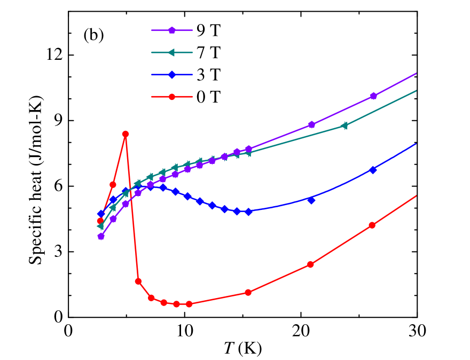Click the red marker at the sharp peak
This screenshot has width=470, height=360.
tap(126, 134)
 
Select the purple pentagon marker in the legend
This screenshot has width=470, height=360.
tap(172, 30)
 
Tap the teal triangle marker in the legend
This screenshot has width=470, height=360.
tap(171, 52)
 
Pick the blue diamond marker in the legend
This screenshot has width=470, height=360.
tap(172, 75)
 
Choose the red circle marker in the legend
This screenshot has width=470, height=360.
tap(172, 97)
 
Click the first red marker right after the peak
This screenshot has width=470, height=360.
tap(138, 281)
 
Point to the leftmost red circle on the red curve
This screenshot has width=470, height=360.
tap(100, 221)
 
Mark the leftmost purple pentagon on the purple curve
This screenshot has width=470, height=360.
tap(101, 236)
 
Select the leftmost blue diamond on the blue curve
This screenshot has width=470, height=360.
tap(101, 214)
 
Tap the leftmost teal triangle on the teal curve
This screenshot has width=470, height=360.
tap(100, 226)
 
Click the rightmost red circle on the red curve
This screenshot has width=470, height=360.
tap(372, 225)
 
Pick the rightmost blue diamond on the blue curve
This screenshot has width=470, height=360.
tap(373, 169)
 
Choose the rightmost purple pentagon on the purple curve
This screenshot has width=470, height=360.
tap(373, 96)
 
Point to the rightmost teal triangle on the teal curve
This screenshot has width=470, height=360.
tap(344, 126)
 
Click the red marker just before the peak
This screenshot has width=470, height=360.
tap(113, 184)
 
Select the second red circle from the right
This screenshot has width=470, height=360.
tap(310, 264)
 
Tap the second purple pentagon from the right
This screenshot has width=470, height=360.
tap(311, 124)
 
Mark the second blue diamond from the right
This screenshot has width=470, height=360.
tap(311, 200)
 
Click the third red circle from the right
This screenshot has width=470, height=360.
tap(248, 292)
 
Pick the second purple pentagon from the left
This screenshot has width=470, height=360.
tap(113, 218)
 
